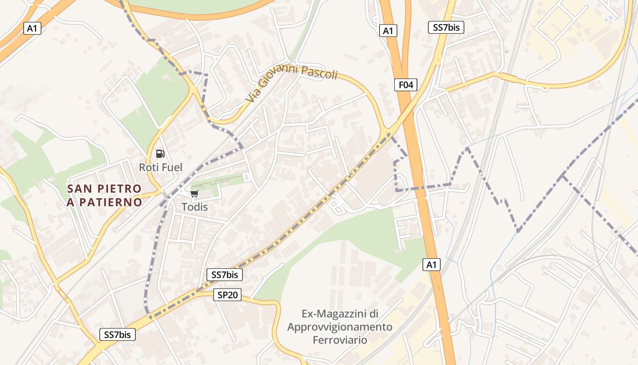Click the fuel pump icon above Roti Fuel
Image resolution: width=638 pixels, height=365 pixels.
pyautogui.click(x=160, y=154)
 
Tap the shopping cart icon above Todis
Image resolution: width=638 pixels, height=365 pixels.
pyautogui.click(x=195, y=194)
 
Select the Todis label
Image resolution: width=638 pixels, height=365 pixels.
pyautogui.click(x=195, y=207)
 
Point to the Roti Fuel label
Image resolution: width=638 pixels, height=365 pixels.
pyautogui.click(x=160, y=167)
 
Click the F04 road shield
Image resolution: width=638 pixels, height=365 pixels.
pyautogui.click(x=406, y=84)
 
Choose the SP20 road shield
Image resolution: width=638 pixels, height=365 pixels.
pyautogui.click(x=227, y=295)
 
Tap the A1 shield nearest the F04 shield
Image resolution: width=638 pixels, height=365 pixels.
pyautogui.click(x=388, y=31)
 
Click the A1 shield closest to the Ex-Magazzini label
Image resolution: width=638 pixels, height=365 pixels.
pyautogui.click(x=432, y=264)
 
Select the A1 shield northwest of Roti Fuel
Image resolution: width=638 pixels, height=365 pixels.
pyautogui.click(x=32, y=28)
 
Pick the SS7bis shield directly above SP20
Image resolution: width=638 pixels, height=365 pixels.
pyautogui.click(x=225, y=275)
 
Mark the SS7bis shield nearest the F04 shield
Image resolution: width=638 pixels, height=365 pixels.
pyautogui.click(x=446, y=27)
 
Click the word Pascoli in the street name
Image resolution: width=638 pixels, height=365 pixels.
pyautogui.click(x=319, y=73)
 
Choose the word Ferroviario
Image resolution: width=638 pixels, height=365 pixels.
pyautogui.click(x=340, y=340)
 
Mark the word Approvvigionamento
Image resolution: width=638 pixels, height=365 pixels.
pyautogui.click(x=340, y=327)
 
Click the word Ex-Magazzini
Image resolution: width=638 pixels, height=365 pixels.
pyautogui.click(x=340, y=314)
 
